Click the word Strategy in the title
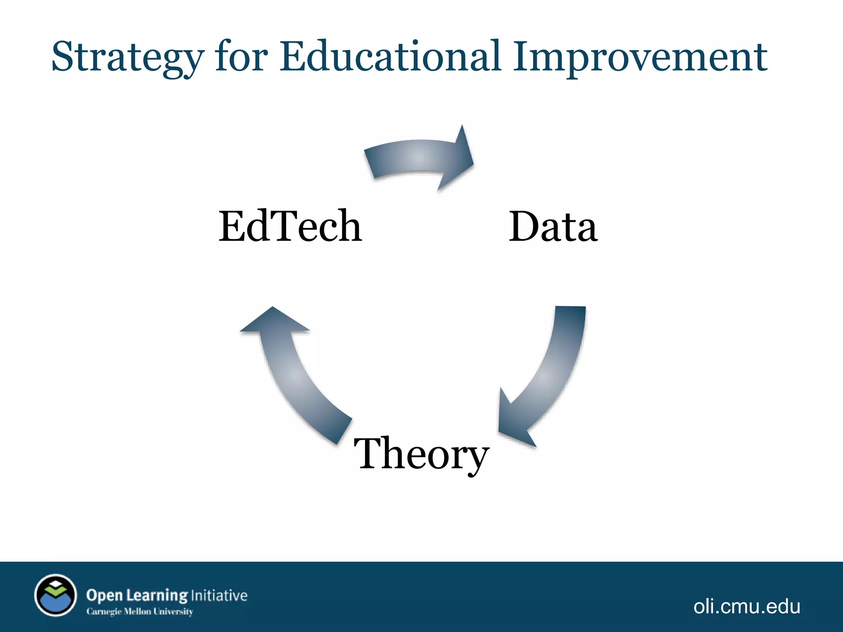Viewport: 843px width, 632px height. [x=128, y=58]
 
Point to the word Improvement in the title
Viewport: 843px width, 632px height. [x=640, y=58]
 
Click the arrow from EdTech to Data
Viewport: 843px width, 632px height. [x=416, y=159]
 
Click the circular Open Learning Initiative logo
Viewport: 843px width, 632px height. [x=56, y=595]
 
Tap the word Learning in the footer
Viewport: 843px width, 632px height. [x=157, y=595]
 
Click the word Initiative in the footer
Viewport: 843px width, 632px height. [x=219, y=595]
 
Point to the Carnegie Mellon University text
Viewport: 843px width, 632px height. [x=140, y=611]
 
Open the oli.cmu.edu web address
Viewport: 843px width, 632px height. [x=747, y=606]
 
